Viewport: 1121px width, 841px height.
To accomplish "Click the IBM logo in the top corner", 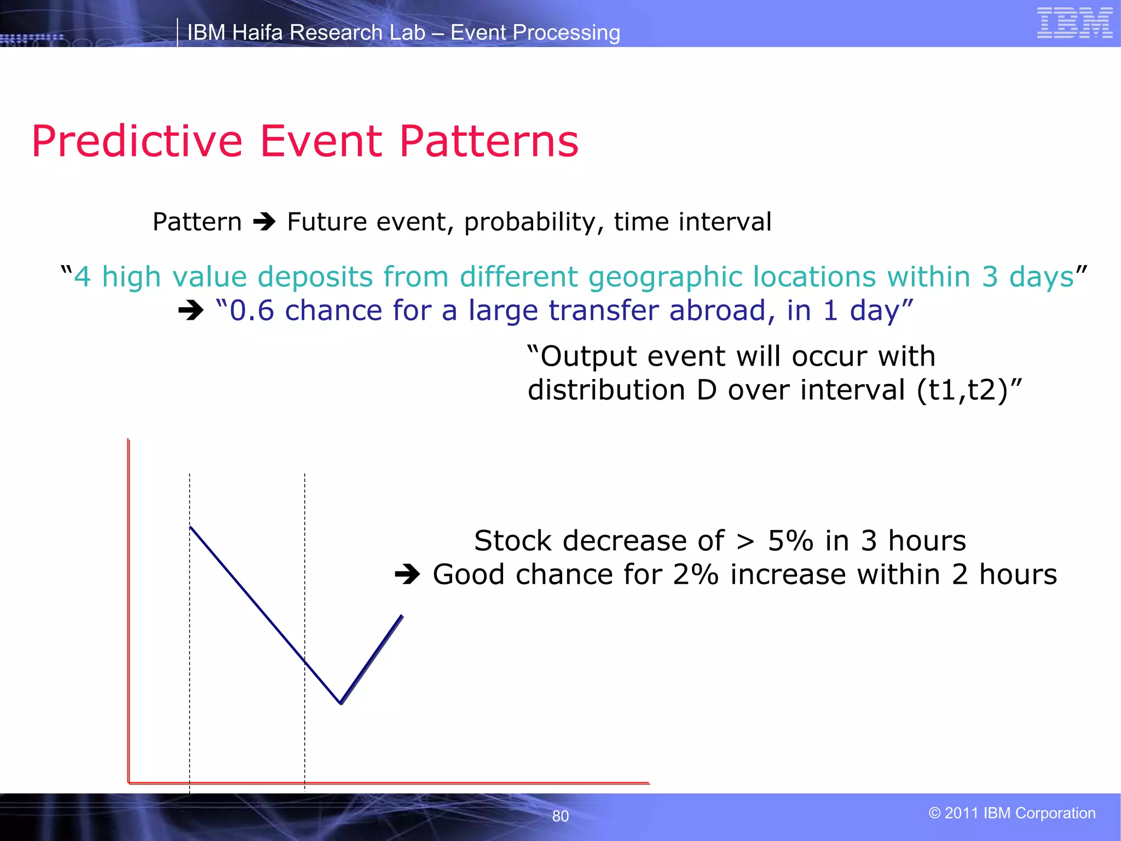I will click(1074, 23).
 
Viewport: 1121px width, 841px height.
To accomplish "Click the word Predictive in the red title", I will click(137, 142).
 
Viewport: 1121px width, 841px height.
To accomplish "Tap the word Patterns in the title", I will click(489, 142).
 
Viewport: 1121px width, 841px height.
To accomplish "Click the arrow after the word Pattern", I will click(264, 222).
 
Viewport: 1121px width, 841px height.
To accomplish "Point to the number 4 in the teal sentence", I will click(82, 277).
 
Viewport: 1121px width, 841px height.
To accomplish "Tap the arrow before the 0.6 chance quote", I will click(191, 311).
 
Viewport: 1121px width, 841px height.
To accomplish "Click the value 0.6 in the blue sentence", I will click(252, 310).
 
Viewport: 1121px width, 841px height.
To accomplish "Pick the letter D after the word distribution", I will click(707, 390).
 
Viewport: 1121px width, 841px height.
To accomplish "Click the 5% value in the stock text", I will click(790, 541).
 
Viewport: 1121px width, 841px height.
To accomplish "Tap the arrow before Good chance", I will click(407, 575).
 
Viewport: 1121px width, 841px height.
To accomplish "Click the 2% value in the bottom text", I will click(695, 575).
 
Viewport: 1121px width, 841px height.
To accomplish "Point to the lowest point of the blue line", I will click(340, 703).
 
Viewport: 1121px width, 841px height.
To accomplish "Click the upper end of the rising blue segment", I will click(402, 616).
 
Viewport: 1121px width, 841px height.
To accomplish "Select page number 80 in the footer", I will click(560, 816).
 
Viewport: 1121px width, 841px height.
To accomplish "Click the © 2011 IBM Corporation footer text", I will click(1012, 813).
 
